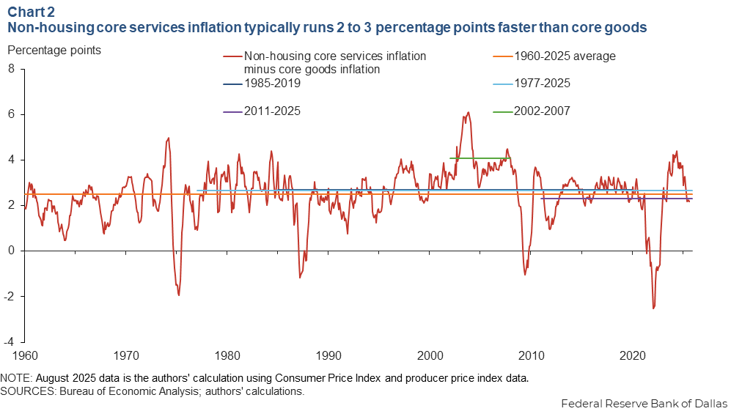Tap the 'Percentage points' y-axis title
click(54, 51)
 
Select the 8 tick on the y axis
click(11, 69)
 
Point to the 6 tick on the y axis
click(11, 114)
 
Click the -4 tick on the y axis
click(9, 341)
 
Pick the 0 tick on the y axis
click(11, 251)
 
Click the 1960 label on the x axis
click(25, 356)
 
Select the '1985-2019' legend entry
click(272, 84)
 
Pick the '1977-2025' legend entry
click(542, 84)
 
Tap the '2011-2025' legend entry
click(272, 111)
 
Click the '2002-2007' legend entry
click(542, 111)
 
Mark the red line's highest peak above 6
click(468, 113)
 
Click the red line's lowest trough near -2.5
click(653, 308)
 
